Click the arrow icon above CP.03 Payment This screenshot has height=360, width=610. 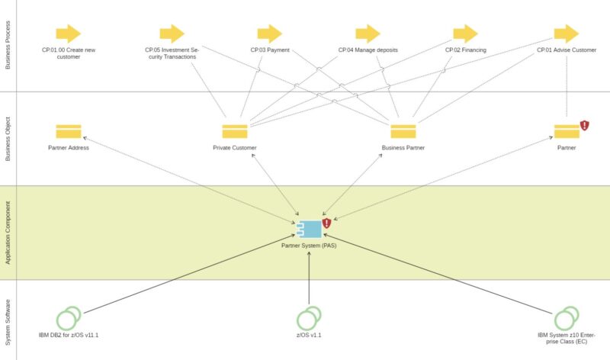click(270, 34)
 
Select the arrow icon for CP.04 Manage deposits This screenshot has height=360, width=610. click(368, 34)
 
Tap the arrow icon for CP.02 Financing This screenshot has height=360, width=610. click(465, 34)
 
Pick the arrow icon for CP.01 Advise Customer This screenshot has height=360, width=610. click(566, 34)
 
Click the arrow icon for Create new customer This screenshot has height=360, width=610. click(68, 34)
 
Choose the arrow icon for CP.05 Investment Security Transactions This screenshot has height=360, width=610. click(172, 34)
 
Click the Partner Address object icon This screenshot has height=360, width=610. click(69, 131)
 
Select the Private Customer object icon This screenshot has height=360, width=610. click(235, 131)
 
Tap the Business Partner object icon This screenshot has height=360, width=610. click(403, 131)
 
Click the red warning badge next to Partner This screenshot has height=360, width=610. click(585, 125)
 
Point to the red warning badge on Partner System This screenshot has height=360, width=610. click(326, 223)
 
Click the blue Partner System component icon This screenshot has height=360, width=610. click(309, 229)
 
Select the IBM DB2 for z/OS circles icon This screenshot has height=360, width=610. click(69, 317)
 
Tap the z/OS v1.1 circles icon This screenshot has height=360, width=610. click(309, 317)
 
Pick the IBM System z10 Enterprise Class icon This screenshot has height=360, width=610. click(566, 317)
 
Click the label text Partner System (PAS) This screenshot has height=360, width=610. click(309, 246)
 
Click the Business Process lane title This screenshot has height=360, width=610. click(8, 46)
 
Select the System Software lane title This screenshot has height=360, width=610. click(8, 320)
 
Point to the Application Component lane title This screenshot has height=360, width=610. click(8, 233)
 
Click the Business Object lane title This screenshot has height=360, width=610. click(8, 138)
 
